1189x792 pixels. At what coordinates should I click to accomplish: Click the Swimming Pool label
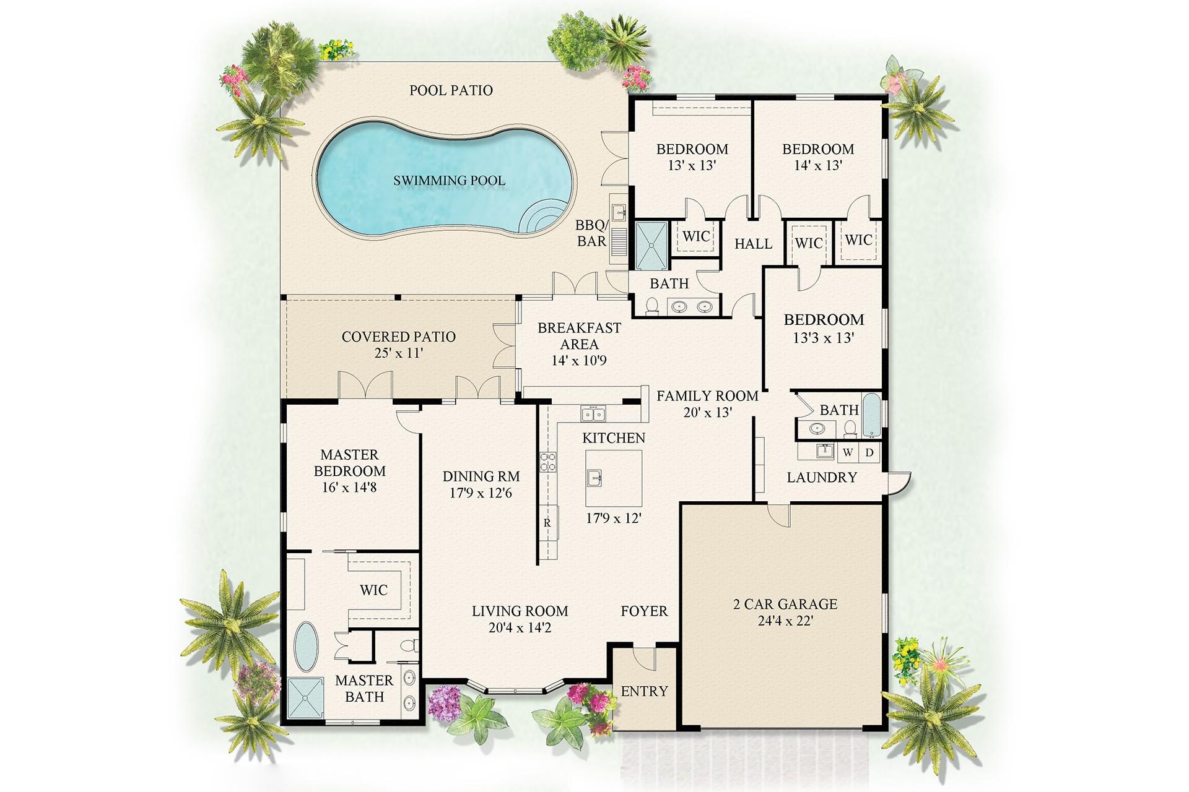pyautogui.click(x=449, y=181)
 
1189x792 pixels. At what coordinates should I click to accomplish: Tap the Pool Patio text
pyautogui.click(x=451, y=90)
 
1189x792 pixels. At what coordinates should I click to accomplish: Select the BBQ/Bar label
pyautogui.click(x=591, y=233)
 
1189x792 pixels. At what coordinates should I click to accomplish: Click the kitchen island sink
pyautogui.click(x=594, y=478)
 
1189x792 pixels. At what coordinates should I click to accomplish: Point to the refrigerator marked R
pyautogui.click(x=547, y=523)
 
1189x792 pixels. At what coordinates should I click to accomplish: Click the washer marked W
pyautogui.click(x=848, y=452)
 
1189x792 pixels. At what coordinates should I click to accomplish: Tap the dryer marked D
pyautogui.click(x=869, y=452)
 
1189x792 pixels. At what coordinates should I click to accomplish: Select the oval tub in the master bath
pyautogui.click(x=305, y=647)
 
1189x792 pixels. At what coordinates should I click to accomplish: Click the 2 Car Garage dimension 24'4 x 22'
pyautogui.click(x=785, y=621)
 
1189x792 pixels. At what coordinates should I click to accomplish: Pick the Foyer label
pyautogui.click(x=644, y=611)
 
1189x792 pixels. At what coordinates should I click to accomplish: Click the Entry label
pyautogui.click(x=644, y=691)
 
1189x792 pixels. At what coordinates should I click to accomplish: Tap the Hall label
pyautogui.click(x=753, y=244)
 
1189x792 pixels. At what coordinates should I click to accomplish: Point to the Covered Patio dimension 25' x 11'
pyautogui.click(x=398, y=353)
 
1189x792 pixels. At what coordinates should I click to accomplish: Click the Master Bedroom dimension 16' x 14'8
pyautogui.click(x=349, y=488)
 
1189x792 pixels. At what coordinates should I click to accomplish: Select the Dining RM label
pyautogui.click(x=481, y=476)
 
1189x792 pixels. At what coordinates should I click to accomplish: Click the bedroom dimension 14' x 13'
pyautogui.click(x=818, y=165)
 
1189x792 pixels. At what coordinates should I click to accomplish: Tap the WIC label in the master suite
pyautogui.click(x=373, y=590)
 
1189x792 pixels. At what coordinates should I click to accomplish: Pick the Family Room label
pyautogui.click(x=707, y=396)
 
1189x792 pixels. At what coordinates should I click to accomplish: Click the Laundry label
pyautogui.click(x=822, y=477)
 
